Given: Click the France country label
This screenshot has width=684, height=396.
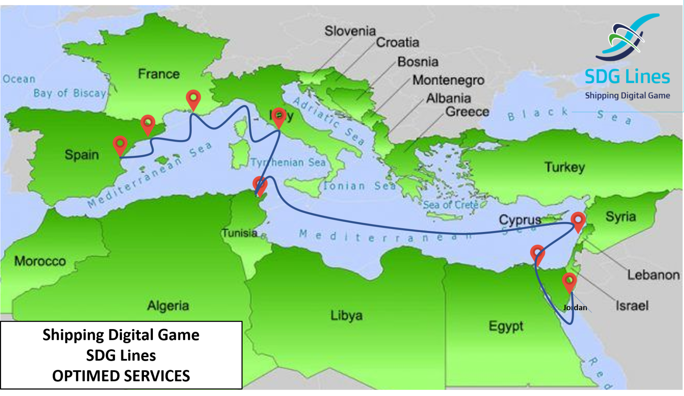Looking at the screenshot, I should [x=159, y=74].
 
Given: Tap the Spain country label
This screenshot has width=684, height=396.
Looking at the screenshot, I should [x=82, y=155].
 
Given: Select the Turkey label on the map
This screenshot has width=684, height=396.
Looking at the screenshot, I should [x=565, y=167].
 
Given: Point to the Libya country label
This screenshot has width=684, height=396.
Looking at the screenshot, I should [x=346, y=315].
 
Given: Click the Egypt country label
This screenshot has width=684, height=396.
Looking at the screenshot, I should [x=506, y=326].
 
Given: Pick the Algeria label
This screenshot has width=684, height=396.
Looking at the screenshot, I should [x=168, y=306].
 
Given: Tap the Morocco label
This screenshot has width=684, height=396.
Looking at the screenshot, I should [x=40, y=261].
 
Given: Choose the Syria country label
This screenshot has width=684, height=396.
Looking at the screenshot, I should [x=621, y=216].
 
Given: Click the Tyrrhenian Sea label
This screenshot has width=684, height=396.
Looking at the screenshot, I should [x=288, y=163].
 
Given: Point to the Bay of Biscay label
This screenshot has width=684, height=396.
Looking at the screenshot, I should [x=70, y=93].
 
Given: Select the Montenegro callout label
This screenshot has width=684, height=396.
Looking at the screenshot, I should [x=448, y=80].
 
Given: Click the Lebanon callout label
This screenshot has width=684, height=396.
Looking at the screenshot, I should [x=653, y=275].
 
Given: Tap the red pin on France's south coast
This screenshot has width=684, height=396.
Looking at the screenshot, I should [x=193, y=99].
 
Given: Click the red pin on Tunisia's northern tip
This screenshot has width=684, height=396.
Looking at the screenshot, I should [x=260, y=184].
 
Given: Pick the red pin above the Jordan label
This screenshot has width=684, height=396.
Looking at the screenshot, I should [x=569, y=281].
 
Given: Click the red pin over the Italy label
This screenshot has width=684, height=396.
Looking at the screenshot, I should [x=279, y=116].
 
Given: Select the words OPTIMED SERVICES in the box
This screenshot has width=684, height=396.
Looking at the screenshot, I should [x=121, y=376].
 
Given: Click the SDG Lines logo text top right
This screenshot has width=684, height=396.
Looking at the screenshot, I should [x=627, y=76].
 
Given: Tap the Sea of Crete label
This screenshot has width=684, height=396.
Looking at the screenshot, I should [x=451, y=205].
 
